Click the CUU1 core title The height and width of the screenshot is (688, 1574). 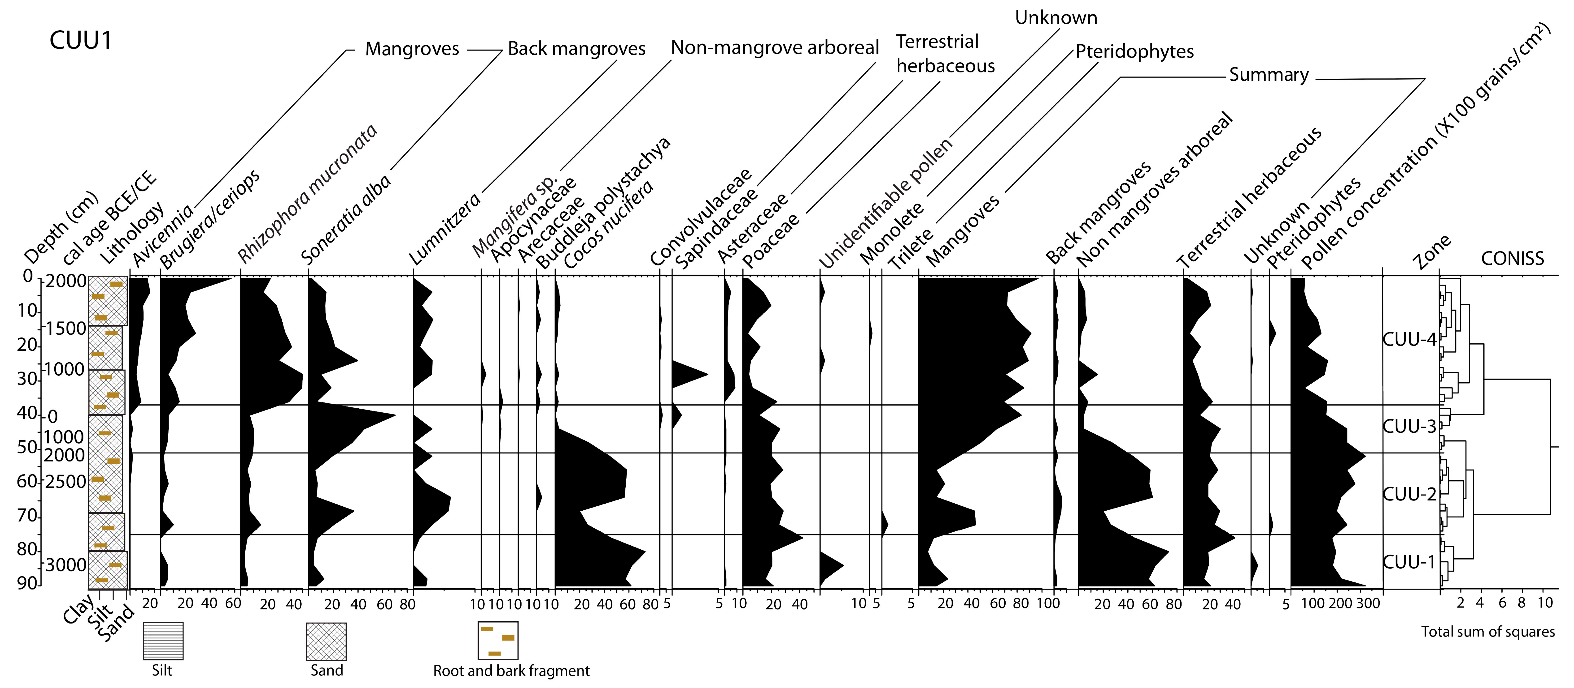point(81,40)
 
